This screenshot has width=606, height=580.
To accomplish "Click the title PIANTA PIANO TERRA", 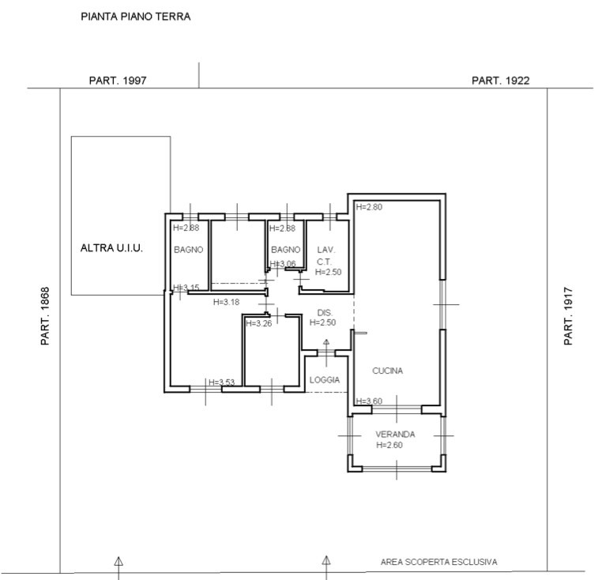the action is point(136,17).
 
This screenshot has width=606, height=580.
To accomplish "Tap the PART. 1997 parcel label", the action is point(118,81).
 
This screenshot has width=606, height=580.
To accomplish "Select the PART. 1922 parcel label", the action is point(500,81).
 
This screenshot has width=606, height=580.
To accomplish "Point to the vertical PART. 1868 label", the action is point(45,316).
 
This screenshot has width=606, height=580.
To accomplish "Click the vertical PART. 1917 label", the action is point(568,316).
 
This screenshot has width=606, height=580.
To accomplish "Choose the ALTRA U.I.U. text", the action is point(111,248).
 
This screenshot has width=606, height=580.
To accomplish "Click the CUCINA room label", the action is point(388,371).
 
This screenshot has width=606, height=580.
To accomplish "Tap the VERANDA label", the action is point(395,435).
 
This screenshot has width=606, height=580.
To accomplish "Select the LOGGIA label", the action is point(325,380).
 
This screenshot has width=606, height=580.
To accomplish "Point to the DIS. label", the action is point(325,313).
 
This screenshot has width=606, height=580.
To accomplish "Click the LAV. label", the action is point(326,250).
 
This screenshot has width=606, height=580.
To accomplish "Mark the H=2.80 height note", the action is point(369,207).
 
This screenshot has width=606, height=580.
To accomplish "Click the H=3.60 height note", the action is point(369,401).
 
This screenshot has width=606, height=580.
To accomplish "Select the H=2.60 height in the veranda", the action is point(390,445).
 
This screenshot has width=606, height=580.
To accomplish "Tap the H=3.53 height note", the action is point(222,382).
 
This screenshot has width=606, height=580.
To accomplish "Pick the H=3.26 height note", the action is point(259,323).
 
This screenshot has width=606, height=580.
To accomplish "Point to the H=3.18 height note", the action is point(227,302).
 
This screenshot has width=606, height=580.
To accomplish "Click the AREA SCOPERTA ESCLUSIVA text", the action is point(439,562).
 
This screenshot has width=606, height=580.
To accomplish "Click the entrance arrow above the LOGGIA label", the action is point(326,352).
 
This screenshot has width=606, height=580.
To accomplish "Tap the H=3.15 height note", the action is point(186,288).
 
